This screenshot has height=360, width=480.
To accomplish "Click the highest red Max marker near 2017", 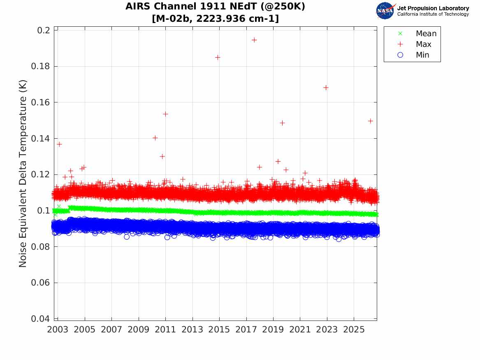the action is (254, 40).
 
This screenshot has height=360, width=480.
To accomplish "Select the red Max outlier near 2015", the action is (218, 58).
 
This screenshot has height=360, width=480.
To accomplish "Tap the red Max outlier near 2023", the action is (326, 88).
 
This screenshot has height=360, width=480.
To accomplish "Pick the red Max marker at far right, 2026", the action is (371, 121).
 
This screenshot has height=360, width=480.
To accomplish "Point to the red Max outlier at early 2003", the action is (59, 144).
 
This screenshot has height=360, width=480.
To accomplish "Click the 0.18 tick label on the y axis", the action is (40, 66).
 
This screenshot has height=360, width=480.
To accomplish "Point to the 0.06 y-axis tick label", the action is (40, 283).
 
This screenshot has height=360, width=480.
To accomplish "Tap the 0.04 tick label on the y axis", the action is (40, 319).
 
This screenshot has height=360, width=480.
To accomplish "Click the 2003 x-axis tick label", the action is (58, 330).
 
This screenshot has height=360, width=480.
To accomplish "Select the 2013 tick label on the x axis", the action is (192, 330).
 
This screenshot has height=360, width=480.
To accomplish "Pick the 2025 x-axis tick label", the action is (354, 330).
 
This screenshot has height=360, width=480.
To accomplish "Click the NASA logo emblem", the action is (386, 11).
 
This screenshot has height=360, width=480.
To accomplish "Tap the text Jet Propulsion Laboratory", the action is (433, 8).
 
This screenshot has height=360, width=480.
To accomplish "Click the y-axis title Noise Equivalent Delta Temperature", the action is (23, 174).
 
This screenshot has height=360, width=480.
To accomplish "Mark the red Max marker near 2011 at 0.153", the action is (165, 114).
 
